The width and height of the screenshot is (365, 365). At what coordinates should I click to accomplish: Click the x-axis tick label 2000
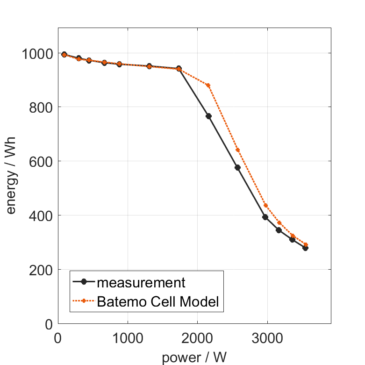click(x=197, y=337)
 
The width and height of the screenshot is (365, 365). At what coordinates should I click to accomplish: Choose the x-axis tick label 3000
click(x=267, y=337)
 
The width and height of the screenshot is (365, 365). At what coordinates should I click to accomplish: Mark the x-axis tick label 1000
click(x=128, y=337)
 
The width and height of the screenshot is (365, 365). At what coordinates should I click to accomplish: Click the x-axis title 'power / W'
click(x=194, y=358)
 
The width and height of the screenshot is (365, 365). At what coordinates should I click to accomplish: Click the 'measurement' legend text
click(x=141, y=283)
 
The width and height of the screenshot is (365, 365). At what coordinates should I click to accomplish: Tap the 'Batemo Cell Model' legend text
click(x=157, y=301)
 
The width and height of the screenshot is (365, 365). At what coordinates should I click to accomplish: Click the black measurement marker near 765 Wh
click(x=209, y=116)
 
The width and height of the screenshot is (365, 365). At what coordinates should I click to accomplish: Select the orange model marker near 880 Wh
click(x=208, y=85)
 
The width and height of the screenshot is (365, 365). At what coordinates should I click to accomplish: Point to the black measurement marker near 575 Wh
click(x=237, y=167)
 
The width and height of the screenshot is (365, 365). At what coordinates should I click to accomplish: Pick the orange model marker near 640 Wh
click(x=237, y=150)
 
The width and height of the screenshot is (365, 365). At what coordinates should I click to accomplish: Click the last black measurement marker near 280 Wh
click(x=305, y=248)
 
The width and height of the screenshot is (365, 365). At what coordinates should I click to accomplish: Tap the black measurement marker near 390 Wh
click(x=265, y=217)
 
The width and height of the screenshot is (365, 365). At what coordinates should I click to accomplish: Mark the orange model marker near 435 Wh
click(x=266, y=205)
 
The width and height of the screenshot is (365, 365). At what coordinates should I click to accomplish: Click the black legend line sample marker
click(x=84, y=282)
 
